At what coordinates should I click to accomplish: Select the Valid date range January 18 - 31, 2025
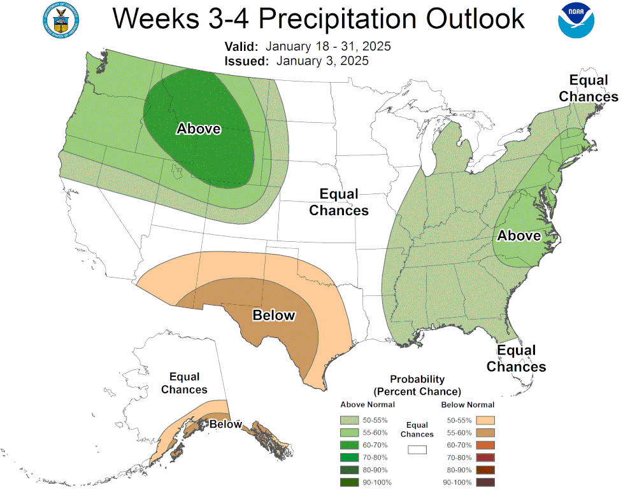[328, 47]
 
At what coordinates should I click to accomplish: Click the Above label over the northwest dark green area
[199, 129]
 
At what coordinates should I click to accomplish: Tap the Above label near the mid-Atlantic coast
[519, 235]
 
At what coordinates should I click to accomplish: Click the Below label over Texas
[274, 315]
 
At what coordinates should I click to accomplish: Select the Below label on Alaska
[225, 425]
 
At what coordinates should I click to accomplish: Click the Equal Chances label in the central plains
[339, 202]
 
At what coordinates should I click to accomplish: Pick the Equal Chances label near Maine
[589, 88]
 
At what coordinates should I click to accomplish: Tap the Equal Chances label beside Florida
[517, 358]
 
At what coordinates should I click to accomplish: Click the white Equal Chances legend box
[417, 449]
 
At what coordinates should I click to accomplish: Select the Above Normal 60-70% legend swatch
[349, 444]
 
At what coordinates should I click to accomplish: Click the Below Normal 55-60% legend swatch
[485, 432]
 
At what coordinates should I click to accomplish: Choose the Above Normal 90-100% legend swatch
[349, 482]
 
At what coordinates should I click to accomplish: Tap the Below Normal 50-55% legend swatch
[485, 420]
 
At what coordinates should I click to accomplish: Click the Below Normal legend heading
[468, 405]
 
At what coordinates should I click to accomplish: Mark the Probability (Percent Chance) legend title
[417, 385]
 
